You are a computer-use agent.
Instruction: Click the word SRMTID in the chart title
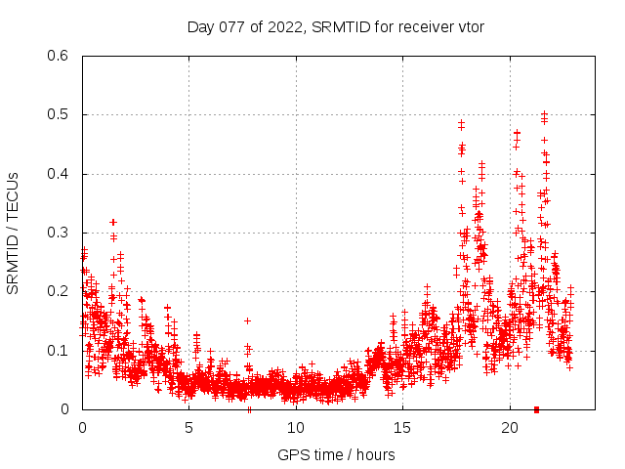pyautogui.click(x=341, y=26)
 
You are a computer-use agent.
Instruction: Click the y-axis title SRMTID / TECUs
pyautogui.click(x=13, y=233)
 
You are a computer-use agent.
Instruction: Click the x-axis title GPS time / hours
pyautogui.click(x=336, y=454)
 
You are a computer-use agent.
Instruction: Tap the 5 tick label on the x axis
pyautogui.click(x=188, y=428)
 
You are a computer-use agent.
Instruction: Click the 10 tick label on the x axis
pyautogui.click(x=296, y=428)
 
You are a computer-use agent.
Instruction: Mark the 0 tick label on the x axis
pyautogui.click(x=82, y=428)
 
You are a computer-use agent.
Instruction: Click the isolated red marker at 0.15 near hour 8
pyautogui.click(x=247, y=320)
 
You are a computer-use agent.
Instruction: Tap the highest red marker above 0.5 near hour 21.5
pyautogui.click(x=544, y=113)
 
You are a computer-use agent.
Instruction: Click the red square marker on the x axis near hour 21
pyautogui.click(x=536, y=408)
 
